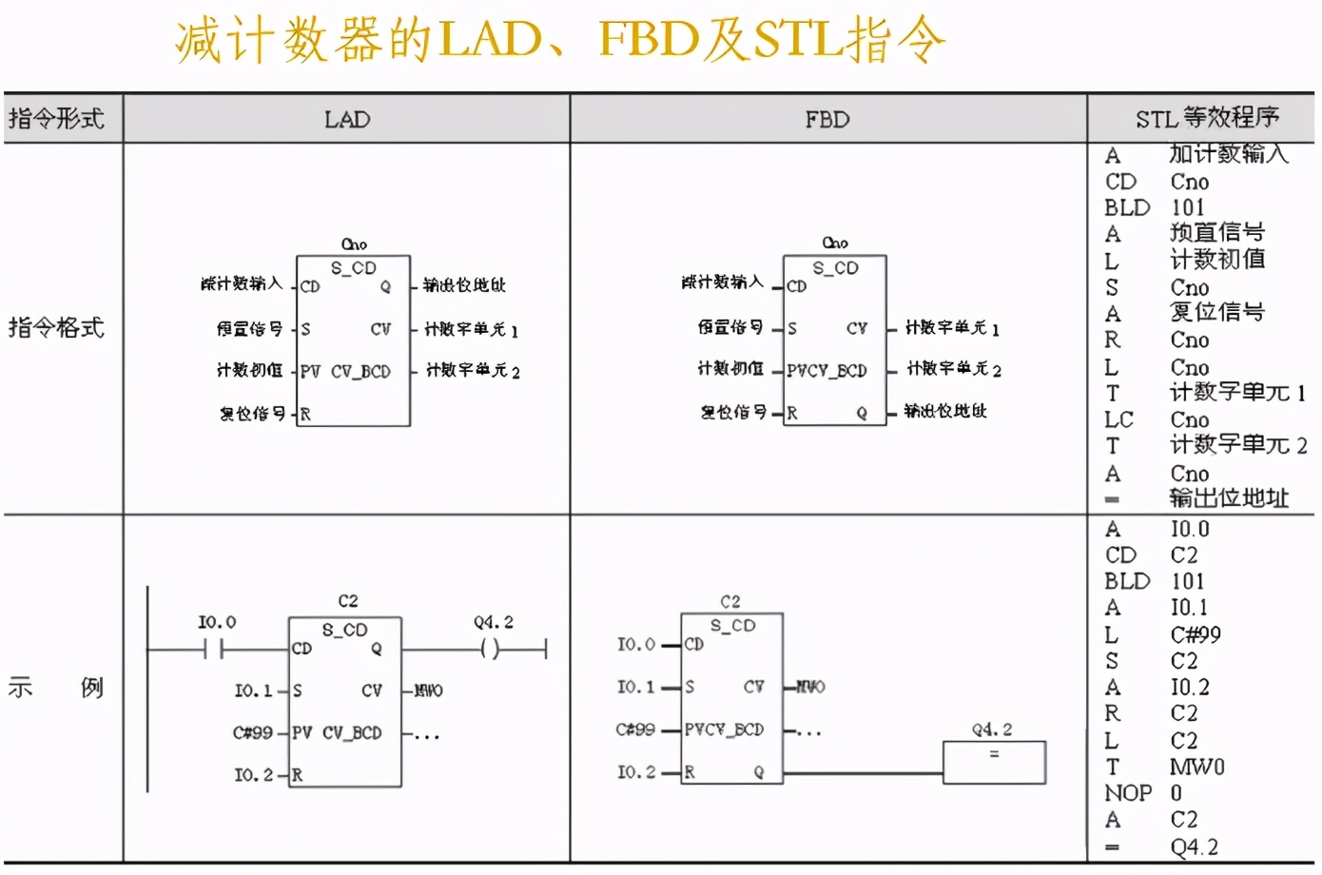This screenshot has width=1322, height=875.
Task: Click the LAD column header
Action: [x=347, y=120]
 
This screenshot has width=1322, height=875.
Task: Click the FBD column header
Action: [x=827, y=120]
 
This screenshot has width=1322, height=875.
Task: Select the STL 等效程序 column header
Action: [x=1206, y=119]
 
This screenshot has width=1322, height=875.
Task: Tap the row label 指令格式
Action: [x=56, y=328]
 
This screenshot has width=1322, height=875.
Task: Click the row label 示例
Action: [x=56, y=688]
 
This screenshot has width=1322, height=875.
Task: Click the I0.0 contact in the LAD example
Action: [x=213, y=650]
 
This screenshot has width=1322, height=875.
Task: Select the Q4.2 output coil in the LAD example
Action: [x=490, y=650]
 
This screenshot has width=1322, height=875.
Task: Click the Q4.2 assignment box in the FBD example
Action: [x=994, y=762]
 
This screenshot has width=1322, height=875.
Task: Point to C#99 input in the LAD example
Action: [x=253, y=733]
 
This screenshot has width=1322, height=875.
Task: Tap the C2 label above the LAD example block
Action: [x=348, y=601]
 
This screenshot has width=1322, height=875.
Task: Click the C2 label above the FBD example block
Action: [x=730, y=601]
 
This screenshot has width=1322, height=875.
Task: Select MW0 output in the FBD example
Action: [x=810, y=687]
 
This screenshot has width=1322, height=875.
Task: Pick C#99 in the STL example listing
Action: [x=1196, y=635]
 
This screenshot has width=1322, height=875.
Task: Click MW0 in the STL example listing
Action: [x=1196, y=767]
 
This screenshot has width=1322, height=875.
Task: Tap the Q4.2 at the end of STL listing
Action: [x=1194, y=846]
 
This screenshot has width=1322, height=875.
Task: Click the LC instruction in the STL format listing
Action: [x=1118, y=420]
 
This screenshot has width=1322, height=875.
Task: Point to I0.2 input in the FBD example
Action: [x=635, y=772]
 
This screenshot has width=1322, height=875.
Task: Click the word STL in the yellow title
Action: [x=798, y=40]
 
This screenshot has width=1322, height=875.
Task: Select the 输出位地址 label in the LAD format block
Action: [x=464, y=285]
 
